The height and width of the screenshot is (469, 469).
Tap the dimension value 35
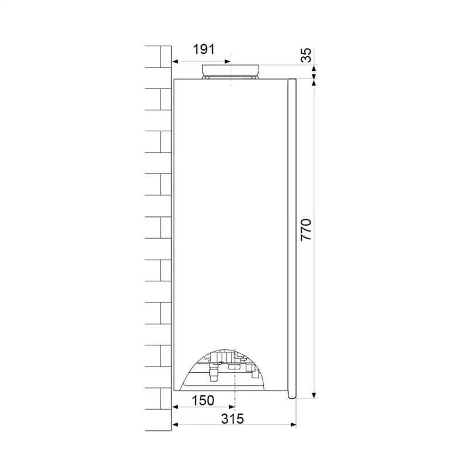[305, 56]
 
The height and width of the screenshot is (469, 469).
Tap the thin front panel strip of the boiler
[292, 235]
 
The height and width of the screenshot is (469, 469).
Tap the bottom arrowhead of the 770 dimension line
[315, 395]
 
